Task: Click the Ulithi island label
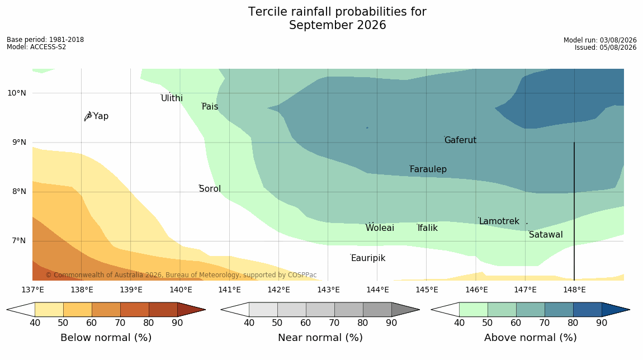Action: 172,98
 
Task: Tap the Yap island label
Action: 101,116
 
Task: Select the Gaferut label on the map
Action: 461,140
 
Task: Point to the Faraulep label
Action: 428,169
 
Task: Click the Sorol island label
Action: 210,189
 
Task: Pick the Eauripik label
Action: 368,258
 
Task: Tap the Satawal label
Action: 546,235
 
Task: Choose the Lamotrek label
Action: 499,221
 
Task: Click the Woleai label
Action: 380,228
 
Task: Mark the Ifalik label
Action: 428,228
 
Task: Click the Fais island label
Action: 210,107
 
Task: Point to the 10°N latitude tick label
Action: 16,93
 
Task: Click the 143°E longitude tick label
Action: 328,290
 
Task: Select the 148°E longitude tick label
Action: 574,290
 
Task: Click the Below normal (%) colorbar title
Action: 106,338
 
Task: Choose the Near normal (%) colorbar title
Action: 320,338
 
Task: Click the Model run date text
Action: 600,40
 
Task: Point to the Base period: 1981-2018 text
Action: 45,40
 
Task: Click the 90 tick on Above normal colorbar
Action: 602,323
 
